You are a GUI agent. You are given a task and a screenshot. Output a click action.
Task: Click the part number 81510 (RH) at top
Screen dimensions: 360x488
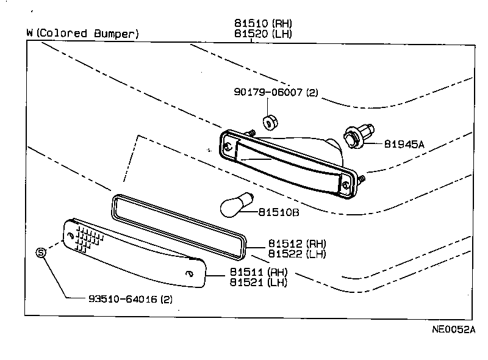tap(263, 23)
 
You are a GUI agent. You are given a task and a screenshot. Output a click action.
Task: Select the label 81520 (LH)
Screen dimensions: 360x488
tap(263, 34)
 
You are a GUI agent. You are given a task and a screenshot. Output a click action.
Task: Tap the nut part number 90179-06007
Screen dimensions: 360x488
tap(276, 93)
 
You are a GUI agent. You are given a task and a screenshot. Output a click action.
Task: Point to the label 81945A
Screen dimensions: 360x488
tap(404, 145)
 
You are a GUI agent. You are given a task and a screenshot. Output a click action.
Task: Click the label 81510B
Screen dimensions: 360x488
tap(278, 213)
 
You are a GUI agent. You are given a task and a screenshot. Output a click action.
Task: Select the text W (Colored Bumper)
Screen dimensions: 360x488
tap(83, 34)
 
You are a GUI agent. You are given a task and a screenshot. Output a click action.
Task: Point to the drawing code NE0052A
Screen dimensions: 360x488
tap(453, 329)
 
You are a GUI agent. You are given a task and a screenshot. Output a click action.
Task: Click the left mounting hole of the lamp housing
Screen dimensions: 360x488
tap(228, 147)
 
